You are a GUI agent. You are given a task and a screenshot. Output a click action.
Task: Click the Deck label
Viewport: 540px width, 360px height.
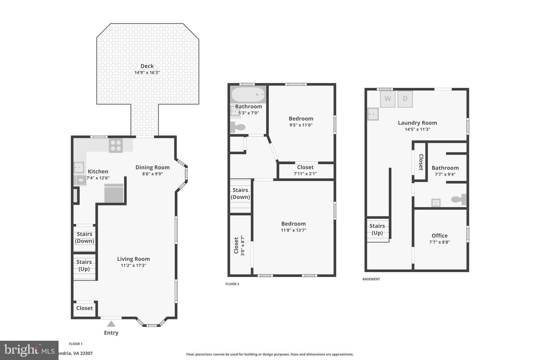pos(147,66)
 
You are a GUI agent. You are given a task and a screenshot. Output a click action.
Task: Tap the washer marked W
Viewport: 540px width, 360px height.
pos(388,99)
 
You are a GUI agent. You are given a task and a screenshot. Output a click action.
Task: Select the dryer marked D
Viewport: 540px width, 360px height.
pos(405,99)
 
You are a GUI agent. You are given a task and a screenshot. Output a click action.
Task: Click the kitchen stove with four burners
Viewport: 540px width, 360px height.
pos(116,145)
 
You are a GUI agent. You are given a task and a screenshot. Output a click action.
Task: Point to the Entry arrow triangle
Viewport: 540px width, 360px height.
pos(111,324)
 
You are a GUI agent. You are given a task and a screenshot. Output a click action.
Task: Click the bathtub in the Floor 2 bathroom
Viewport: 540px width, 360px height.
pos(248,94)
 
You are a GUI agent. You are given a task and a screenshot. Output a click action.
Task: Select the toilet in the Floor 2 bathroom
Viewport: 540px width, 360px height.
pos(238,127)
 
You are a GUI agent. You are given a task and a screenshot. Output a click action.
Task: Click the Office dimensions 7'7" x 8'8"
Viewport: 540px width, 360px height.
pos(439,242)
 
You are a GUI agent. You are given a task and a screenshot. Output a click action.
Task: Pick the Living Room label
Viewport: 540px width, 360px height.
pos(133,259)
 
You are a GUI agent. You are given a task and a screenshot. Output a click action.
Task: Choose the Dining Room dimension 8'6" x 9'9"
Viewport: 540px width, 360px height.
pos(152,174)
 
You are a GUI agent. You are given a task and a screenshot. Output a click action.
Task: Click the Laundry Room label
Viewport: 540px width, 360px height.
pos(417,123)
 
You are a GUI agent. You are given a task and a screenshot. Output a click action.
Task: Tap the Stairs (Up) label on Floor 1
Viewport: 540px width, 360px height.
pos(84,265)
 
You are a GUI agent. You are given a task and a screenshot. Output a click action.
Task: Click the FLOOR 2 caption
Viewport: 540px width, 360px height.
pos(232,284)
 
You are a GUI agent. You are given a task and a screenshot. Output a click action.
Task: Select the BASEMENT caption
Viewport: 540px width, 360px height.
pos(371,279)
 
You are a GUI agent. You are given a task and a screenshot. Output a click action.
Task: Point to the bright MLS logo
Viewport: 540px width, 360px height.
pos(29,350)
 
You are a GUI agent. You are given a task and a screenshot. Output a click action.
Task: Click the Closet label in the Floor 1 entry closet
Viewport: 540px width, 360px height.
pos(84,308)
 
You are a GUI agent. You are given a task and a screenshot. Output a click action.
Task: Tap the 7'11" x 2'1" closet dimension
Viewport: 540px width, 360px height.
pos(305,173)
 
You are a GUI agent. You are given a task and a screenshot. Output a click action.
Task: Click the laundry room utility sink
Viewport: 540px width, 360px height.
pos(373,114)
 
